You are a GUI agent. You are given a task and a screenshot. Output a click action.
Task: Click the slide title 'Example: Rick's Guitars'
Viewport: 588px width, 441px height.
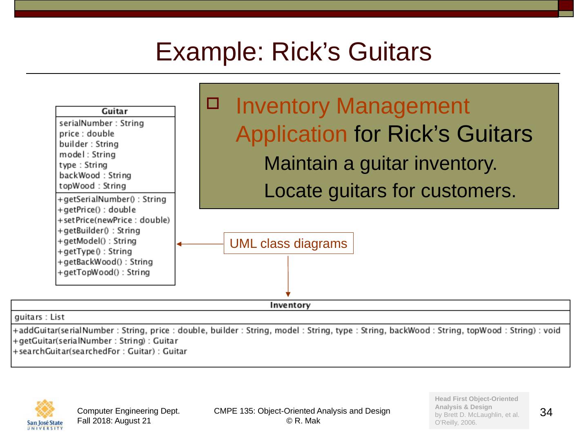pyautogui.click(x=293, y=52)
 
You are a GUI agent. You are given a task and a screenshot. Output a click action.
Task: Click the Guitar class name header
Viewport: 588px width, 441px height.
pyautogui.click(x=115, y=111)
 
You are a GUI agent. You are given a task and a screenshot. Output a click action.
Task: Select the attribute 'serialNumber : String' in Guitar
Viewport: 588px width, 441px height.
pyautogui.click(x=101, y=123)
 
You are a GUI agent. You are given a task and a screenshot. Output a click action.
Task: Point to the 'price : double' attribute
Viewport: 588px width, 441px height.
pyautogui.click(x=87, y=134)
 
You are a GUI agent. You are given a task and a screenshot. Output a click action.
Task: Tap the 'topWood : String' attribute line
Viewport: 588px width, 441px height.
pyautogui.click(x=92, y=186)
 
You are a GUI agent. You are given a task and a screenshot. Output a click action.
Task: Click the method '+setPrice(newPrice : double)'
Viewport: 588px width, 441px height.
pyautogui.click(x=114, y=220)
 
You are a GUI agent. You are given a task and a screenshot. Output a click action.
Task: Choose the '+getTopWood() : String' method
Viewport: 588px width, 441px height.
pyautogui.click(x=104, y=272)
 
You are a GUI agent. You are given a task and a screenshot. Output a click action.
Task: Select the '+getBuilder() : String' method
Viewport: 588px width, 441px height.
pyautogui.click(x=99, y=230)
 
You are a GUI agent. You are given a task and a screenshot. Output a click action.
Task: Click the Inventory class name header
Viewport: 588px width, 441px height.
pyautogui.click(x=290, y=305)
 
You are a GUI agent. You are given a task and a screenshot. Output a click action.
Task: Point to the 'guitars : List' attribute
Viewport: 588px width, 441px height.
pyautogui.click(x=39, y=317)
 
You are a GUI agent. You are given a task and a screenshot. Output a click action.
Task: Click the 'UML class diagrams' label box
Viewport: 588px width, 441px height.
pyautogui.click(x=288, y=243)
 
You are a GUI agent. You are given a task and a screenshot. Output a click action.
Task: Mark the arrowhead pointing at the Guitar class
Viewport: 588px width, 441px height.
pyautogui.click(x=179, y=244)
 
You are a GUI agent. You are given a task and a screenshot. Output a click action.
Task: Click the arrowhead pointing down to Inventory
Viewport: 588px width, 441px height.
pyautogui.click(x=288, y=294)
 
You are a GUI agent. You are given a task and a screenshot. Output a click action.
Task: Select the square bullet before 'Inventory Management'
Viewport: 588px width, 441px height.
pyautogui.click(x=213, y=104)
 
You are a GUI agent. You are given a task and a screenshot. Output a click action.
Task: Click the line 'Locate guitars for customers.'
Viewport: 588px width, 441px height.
pyautogui.click(x=390, y=191)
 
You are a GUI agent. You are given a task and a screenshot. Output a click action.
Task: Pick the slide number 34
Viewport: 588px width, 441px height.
pyautogui.click(x=546, y=412)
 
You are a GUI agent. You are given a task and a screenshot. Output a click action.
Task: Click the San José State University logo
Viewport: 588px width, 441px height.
pyautogui.click(x=45, y=414)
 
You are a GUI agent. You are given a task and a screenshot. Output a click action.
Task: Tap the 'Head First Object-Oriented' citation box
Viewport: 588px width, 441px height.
pyautogui.click(x=479, y=410)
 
